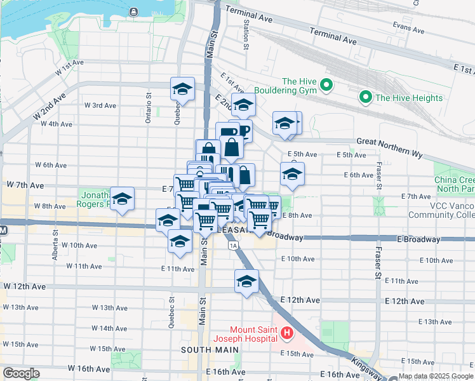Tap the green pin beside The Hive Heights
(x=365, y=97)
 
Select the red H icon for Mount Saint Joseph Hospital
(x=287, y=332)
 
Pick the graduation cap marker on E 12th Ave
(x=246, y=282)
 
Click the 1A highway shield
(x=234, y=244)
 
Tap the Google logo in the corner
(x=20, y=373)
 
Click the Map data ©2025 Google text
(x=436, y=376)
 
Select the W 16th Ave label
(x=92, y=368)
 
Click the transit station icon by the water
(x=133, y=11)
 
